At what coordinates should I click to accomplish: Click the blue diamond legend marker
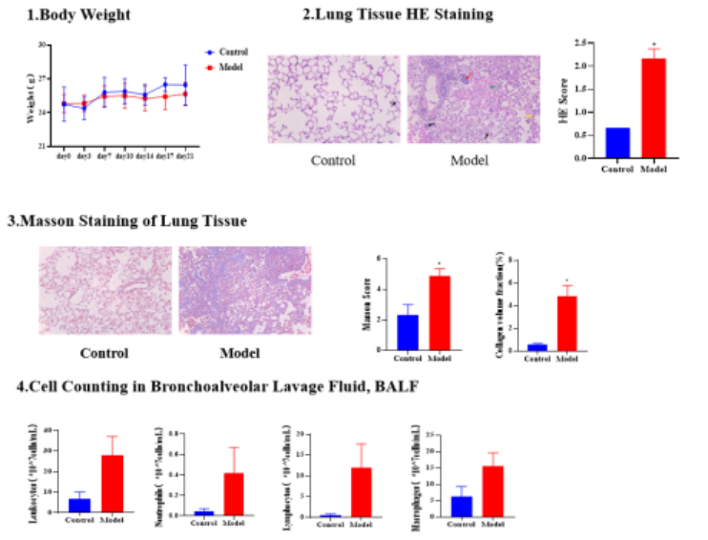click(210, 52)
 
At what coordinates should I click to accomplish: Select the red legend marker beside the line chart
click(210, 68)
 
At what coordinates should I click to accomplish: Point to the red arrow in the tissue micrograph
click(467, 77)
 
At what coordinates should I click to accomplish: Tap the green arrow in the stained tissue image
click(493, 87)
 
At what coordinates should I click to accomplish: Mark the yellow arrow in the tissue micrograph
click(529, 116)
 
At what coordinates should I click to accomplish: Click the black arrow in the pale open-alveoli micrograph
click(392, 103)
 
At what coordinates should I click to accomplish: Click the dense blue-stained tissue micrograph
click(245, 290)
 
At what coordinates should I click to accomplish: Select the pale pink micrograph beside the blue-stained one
click(105, 290)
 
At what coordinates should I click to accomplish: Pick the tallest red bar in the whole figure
click(654, 106)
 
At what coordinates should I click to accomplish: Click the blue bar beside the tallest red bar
click(617, 142)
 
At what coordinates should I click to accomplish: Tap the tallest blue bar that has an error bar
click(407, 331)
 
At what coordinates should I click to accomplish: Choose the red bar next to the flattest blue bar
click(362, 491)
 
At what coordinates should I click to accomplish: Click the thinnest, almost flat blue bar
click(329, 514)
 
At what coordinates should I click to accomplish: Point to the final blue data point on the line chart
click(185, 84)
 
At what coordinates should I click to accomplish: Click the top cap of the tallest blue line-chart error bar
click(185, 65)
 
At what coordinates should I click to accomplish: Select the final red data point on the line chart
click(185, 93)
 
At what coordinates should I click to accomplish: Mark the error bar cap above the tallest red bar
click(654, 49)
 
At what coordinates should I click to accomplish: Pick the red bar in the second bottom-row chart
click(234, 493)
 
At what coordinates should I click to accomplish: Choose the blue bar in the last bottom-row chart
click(461, 506)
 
